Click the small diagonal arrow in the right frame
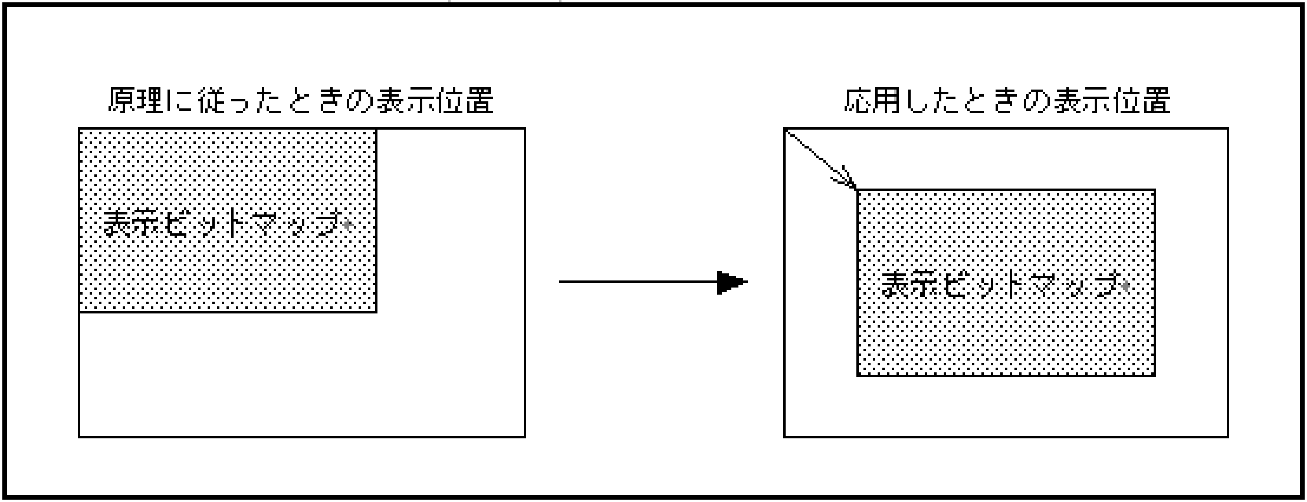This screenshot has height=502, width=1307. point(821,159)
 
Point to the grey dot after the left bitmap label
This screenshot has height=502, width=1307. point(348,224)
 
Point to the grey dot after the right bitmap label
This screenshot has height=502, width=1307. point(1125,287)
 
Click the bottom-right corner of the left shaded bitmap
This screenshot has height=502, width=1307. point(376,312)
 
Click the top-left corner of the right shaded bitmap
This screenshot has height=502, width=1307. point(858,190)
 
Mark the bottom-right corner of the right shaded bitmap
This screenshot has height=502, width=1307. point(1155,375)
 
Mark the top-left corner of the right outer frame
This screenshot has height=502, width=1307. point(785,129)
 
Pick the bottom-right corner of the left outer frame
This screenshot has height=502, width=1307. point(525,436)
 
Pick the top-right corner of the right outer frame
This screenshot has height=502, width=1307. point(1228,129)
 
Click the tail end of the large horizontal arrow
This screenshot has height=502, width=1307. point(560,281)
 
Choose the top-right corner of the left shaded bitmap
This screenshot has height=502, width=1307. point(376,129)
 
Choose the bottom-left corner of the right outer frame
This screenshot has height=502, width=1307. point(785,436)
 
